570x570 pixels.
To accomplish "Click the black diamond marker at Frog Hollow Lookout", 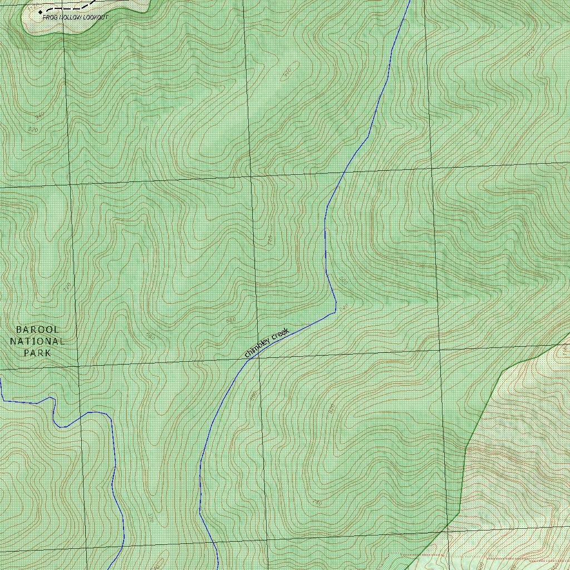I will tap(41, 12).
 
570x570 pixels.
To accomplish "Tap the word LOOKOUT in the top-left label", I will tap(96, 18).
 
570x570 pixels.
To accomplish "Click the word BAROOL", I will tap(37, 330).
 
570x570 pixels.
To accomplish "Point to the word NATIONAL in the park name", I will tap(37, 341).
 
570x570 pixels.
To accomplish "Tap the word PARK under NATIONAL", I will tap(37, 353).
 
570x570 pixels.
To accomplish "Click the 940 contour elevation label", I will tap(40, 116).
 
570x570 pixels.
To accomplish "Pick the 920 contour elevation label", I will tap(33, 129).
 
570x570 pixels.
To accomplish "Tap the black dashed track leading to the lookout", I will tap(70, 8).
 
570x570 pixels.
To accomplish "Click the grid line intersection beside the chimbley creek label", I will tap(258, 358).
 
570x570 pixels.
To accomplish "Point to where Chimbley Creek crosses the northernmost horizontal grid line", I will tap(341, 173).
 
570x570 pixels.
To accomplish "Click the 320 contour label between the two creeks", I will tap(150, 518).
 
